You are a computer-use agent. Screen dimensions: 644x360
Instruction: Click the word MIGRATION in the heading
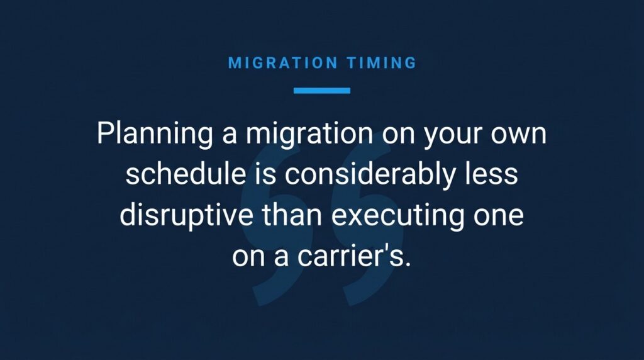pos(283,63)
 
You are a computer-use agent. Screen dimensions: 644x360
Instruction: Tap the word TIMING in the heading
pos(382,63)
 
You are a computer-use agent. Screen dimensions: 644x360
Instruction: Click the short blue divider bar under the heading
pos(322,91)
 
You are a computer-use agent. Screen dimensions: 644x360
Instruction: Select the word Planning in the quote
pos(155,135)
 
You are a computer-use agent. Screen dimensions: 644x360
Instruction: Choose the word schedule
pos(186,174)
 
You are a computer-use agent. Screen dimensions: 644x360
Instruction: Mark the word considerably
pos(370,175)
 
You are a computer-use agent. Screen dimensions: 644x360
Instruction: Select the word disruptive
pos(186,216)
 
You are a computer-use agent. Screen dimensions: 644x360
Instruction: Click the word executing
pos(397,216)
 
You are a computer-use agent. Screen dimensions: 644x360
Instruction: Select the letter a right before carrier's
pos(281,259)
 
